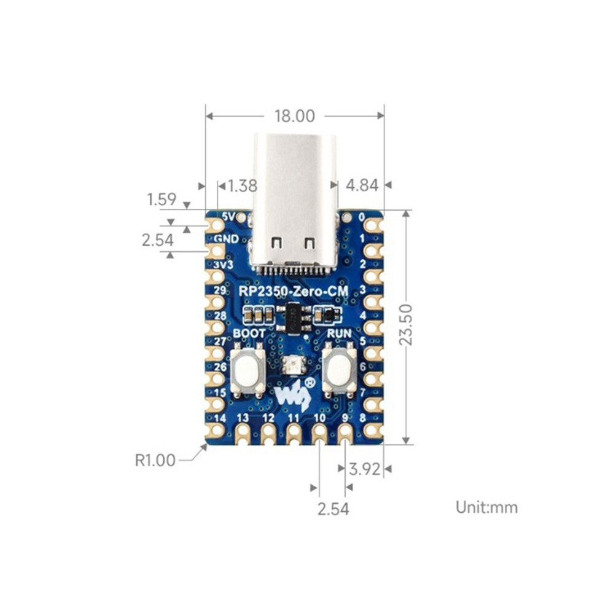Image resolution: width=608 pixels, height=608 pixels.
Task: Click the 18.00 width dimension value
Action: point(294,116)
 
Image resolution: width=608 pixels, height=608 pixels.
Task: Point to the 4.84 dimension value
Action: point(362,185)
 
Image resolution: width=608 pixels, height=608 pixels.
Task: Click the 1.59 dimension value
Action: point(162,200)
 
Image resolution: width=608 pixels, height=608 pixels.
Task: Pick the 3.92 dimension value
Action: point(364,469)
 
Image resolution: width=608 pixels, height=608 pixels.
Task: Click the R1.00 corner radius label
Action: point(155,460)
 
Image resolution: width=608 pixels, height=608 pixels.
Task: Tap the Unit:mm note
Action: point(486,507)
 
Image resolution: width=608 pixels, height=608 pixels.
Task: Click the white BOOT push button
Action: point(247,370)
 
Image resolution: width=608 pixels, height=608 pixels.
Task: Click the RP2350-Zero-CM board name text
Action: point(293,291)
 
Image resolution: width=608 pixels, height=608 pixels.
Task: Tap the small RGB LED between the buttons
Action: point(294,364)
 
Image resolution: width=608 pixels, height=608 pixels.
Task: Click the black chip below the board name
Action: point(294,318)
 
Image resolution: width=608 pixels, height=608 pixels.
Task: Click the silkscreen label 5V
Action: point(228,216)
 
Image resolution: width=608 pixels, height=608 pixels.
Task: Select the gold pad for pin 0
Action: point(373,225)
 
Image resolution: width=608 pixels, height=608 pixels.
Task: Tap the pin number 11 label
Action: point(294,418)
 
